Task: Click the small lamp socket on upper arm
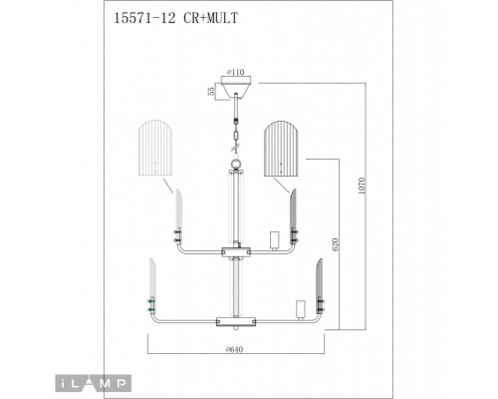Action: coord(273,239)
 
